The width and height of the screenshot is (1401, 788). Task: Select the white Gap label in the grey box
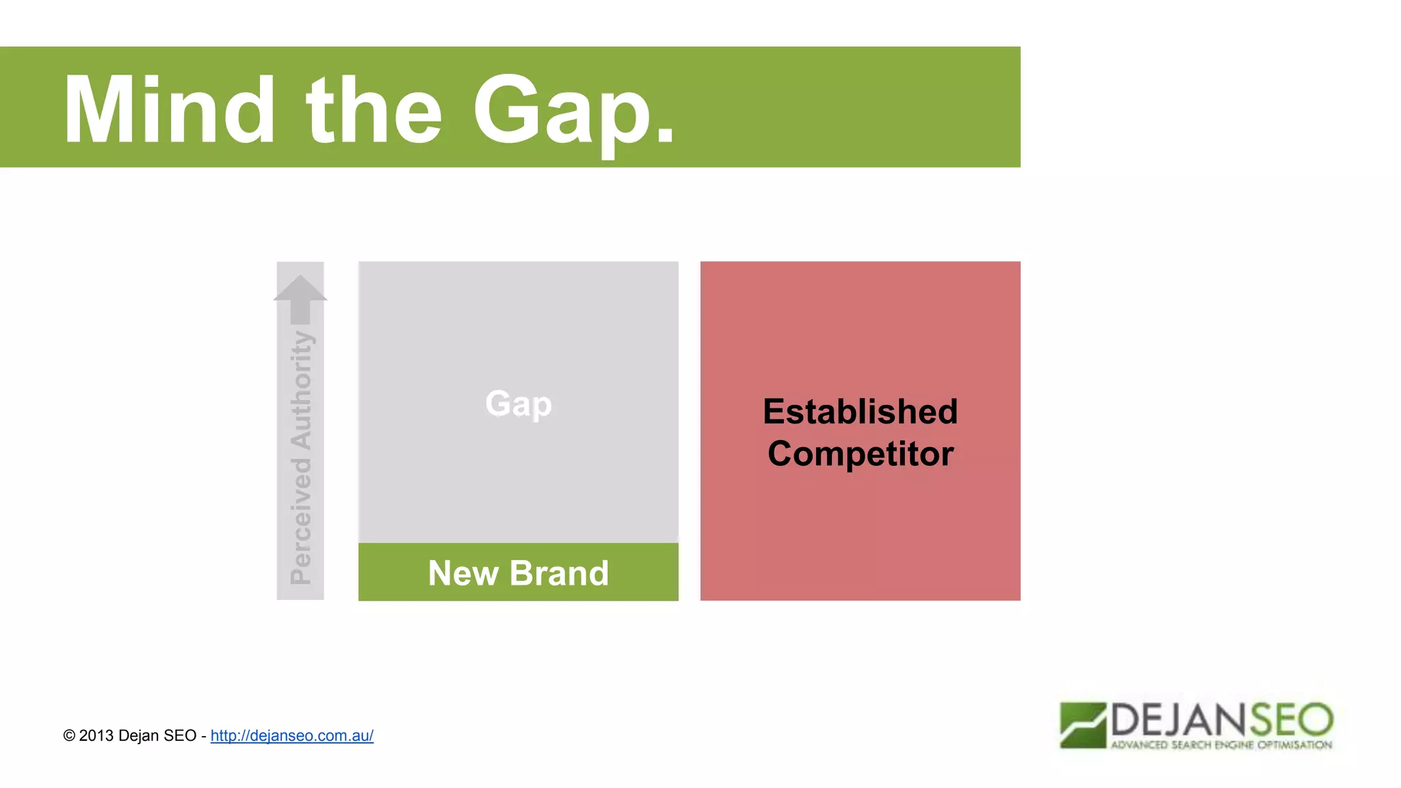[x=519, y=404]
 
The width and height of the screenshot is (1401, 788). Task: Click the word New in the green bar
[x=463, y=573]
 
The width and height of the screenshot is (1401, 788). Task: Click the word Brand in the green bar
[x=559, y=573]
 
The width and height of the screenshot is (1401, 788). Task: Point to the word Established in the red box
[x=860, y=412]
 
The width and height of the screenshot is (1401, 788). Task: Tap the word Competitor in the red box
[x=860, y=454]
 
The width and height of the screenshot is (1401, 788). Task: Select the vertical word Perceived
[x=301, y=521]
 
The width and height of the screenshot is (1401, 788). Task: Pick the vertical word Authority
[x=301, y=390]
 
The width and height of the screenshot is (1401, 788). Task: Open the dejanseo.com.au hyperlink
[x=291, y=736]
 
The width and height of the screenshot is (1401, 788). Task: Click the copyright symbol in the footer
[x=69, y=736]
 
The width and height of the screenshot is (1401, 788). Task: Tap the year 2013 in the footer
[x=96, y=736]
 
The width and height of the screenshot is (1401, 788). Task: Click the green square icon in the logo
[x=1083, y=725]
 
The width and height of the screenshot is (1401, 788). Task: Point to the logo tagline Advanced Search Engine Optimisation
[x=1221, y=745]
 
